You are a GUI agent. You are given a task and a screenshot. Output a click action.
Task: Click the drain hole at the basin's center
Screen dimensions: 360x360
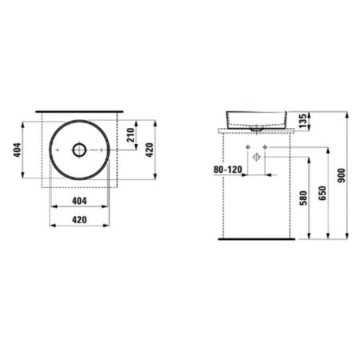tap(79, 149)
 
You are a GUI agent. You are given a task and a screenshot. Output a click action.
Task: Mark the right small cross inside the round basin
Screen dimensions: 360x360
tap(101, 149)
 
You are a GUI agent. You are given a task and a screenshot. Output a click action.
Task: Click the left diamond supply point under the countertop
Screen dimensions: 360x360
tap(246, 150)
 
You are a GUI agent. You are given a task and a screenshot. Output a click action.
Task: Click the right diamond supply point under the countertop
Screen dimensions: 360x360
tap(264, 150)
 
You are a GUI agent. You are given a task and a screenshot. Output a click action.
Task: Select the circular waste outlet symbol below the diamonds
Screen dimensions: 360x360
tap(255, 159)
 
